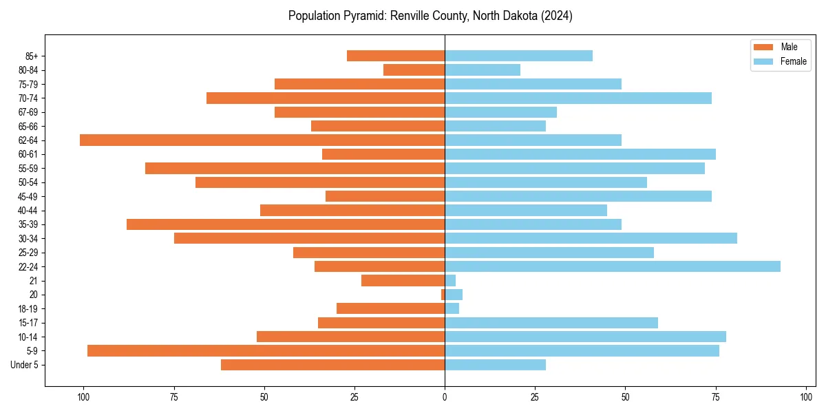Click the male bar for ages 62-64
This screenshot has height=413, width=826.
tap(262, 140)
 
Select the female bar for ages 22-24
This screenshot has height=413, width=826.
tap(613, 266)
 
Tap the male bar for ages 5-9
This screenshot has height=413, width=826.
tap(266, 350)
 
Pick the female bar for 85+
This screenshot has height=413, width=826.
tap(518, 56)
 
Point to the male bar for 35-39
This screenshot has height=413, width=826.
tap(286, 224)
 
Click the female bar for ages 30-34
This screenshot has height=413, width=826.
tap(591, 238)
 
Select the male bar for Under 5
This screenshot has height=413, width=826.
tap(332, 365)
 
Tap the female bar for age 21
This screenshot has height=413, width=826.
tap(450, 280)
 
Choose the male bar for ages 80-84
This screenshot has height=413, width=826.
tap(414, 70)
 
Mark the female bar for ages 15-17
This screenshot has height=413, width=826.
tap(551, 322)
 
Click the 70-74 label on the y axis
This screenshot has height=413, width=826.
tap(28, 98)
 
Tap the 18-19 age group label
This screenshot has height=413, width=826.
tap(28, 308)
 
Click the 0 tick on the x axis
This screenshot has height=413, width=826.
tap(445, 397)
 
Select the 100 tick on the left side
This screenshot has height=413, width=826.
tap(83, 397)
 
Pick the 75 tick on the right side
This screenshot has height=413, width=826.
tap(716, 397)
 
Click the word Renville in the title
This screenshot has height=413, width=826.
tap(409, 16)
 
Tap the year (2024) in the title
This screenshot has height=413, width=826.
tap(556, 16)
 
